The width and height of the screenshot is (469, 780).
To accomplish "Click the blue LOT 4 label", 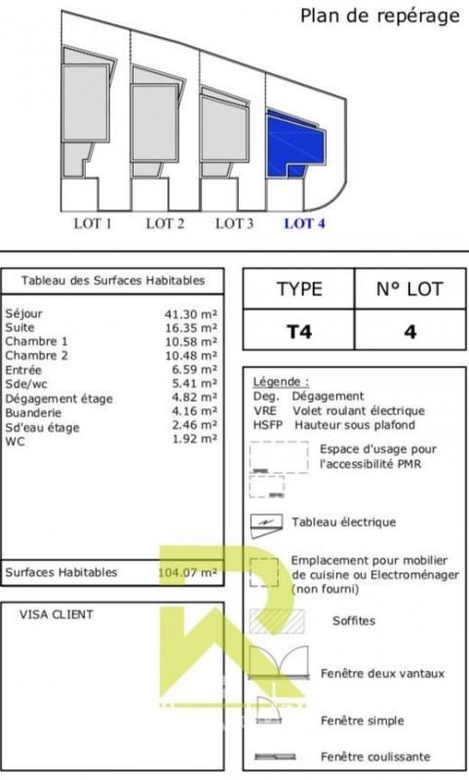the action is point(304,224).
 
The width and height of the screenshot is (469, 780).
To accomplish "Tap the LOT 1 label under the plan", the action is point(93,224).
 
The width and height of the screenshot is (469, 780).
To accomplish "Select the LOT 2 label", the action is point(165,224).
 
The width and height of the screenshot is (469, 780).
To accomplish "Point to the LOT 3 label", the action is point(234,224).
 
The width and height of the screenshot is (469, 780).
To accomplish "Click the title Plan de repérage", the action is point(380,16).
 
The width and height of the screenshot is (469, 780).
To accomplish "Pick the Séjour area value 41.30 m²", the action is point(191,314).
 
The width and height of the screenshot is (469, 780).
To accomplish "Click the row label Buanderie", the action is point(33,412).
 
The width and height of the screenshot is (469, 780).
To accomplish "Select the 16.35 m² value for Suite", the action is point(191,328).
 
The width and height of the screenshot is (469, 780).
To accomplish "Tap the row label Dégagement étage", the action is point(59,399).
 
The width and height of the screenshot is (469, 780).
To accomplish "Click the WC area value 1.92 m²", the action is point(194,440).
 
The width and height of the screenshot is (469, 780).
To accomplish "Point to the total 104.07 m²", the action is point(187,572).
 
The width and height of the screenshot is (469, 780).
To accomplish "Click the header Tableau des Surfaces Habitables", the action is point(113,281).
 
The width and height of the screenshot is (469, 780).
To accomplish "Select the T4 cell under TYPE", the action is point(299,331).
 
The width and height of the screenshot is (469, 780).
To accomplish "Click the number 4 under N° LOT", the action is point(410,331).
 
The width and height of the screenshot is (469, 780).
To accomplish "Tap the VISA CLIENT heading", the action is point(57,615).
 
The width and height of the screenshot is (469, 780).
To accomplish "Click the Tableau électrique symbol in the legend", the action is point(266,526).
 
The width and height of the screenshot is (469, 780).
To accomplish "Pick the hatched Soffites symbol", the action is point(277,621).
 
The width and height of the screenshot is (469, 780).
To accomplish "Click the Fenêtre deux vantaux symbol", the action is point(279,663).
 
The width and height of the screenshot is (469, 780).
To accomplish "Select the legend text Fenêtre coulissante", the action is point(375,758).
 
